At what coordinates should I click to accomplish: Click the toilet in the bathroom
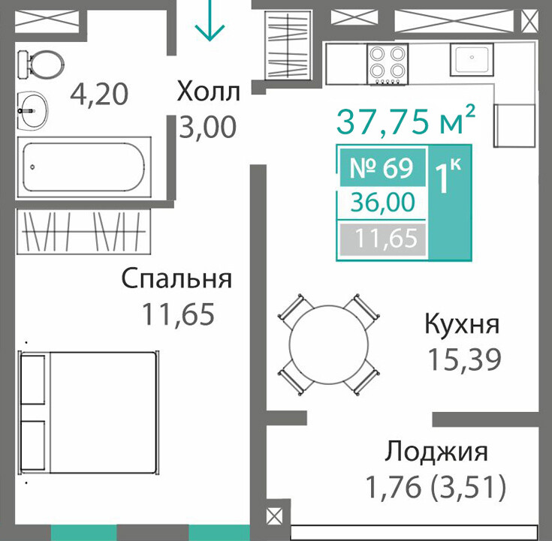coord(41,65)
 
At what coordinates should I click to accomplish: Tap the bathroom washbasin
coord(32,110)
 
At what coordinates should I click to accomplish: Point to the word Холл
coord(209,91)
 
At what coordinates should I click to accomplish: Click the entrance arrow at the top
coord(210,20)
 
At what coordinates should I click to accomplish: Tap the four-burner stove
coord(388,64)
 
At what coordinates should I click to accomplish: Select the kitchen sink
coord(472,59)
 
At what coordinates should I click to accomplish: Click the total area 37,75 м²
coord(406,120)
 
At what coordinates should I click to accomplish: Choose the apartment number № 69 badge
coord(382,168)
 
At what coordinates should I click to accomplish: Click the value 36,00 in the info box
coord(383,203)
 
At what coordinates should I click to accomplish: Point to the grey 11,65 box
coord(382,239)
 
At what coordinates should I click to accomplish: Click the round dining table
coord(328,344)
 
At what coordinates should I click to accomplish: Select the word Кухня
coord(462,323)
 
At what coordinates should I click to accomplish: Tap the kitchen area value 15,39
coord(463,359)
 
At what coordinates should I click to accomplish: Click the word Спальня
coord(176,278)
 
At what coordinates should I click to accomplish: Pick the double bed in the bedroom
coord(88,412)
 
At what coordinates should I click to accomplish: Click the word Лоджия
coord(436,451)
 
